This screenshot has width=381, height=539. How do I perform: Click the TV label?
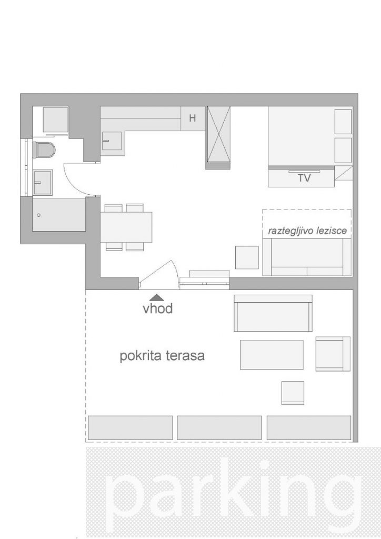point(304,178)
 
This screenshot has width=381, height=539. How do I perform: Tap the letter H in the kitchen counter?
point(193,118)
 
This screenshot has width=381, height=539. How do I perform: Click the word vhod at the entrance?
point(158,308)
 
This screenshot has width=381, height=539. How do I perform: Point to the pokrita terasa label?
point(162,355)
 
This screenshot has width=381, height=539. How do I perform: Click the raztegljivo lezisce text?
point(307,231)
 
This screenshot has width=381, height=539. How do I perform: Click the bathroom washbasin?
point(43,182)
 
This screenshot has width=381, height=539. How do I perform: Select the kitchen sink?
point(112,141)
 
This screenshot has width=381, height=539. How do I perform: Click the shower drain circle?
point(39,215)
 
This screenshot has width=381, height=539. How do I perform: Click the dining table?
point(126,227)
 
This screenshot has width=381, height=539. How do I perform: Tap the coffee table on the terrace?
point(272,354)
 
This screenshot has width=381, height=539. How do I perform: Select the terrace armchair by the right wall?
point(333,354)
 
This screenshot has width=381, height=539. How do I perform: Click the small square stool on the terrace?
point(293,393)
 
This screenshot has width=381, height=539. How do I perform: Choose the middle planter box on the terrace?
point(219,427)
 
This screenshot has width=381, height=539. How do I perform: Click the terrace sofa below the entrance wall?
point(273,313)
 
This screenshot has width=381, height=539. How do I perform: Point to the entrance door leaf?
point(156,273)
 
